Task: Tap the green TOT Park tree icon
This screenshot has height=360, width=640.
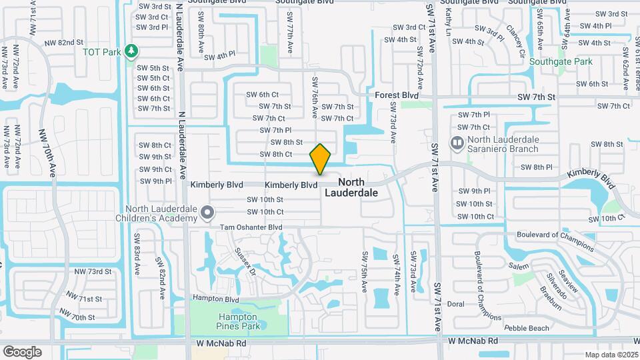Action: tap(132, 51)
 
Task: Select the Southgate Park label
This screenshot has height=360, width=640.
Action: tap(561, 62)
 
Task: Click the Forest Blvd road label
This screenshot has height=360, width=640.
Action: tap(396, 95)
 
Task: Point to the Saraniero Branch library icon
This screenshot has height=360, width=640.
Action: tap(457, 143)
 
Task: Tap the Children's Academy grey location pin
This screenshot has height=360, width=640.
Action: tap(207, 213)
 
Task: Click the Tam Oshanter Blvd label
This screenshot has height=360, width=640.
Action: tap(251, 227)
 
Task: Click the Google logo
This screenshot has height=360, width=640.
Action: tap(22, 351)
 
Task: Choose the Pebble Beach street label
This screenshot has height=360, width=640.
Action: tap(527, 328)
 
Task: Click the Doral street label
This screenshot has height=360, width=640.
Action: tap(455, 304)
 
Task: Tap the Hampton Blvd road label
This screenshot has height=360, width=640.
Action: tap(215, 299)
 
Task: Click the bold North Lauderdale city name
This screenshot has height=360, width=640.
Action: tap(351, 187)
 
